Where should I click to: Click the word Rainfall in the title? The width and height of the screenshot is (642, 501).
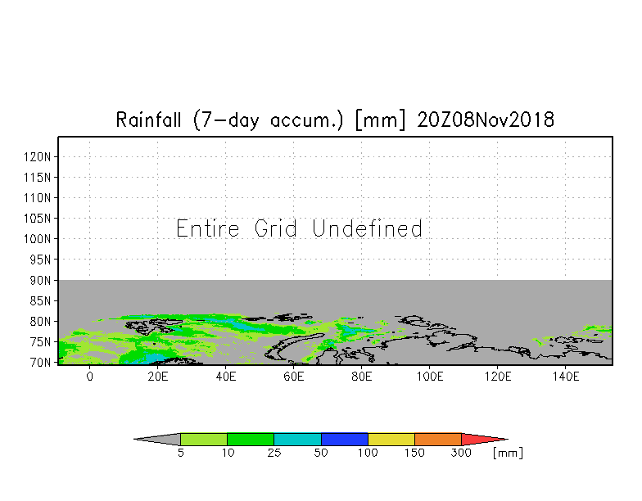tap(148, 120)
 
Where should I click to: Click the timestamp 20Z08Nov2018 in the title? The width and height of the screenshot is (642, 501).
tap(486, 120)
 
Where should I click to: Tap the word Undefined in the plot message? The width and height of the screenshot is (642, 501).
tap(367, 228)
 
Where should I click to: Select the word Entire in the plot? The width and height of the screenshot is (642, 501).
tap(208, 228)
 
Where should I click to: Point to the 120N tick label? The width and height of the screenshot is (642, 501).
tap(38, 157)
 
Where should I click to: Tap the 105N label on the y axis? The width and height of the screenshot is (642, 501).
tap(38, 218)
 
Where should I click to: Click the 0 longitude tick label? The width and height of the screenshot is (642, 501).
tap(90, 377)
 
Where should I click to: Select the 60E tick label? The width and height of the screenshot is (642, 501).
tap(293, 377)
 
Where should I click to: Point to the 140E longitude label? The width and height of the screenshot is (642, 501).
tap(565, 377)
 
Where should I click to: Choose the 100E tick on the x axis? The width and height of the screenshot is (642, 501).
tap(429, 377)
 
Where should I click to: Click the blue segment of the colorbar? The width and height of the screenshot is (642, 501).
tap(344, 439)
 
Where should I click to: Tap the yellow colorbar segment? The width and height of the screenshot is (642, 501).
tap(391, 439)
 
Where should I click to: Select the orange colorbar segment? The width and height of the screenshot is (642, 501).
tap(437, 439)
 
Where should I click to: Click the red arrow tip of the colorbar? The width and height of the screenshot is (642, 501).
tap(507, 439)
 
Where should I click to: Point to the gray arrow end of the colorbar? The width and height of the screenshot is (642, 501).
tap(135, 439)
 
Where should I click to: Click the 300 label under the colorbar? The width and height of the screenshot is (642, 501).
tap(461, 453)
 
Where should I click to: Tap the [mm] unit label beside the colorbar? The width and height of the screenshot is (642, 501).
tap(508, 454)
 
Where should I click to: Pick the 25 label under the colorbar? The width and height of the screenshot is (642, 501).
tap(274, 453)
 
